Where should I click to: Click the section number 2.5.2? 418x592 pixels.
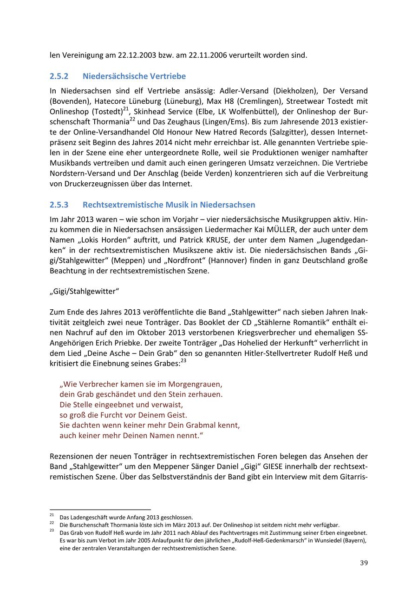point(59,76)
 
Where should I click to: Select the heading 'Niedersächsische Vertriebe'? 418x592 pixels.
point(134,76)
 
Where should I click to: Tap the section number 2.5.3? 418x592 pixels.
point(59,205)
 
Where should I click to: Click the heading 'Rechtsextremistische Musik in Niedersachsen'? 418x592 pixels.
point(169,205)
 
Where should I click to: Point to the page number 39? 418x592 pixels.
point(364,563)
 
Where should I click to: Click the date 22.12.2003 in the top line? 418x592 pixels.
point(135,55)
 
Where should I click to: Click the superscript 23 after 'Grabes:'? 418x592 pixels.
point(183,360)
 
